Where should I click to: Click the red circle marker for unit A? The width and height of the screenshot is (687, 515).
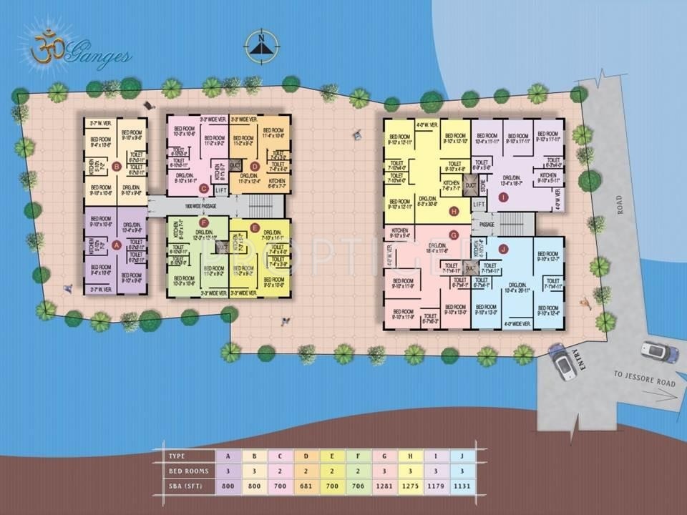[x=117, y=243]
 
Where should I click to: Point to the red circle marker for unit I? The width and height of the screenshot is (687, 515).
[x=503, y=197]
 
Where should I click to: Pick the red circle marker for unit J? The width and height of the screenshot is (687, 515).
[x=503, y=249]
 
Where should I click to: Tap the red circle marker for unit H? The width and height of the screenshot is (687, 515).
[x=453, y=211]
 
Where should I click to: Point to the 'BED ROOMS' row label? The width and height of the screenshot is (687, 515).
[x=185, y=471]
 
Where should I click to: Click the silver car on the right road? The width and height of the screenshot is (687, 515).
[x=658, y=352]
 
